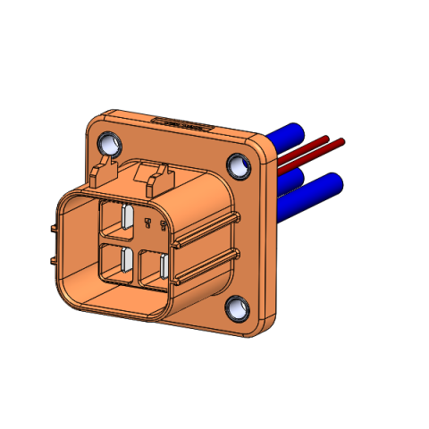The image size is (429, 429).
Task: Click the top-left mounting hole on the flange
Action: [x=110, y=143]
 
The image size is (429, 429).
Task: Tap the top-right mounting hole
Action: [x=239, y=164]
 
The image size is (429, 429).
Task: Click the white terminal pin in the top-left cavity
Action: [x=127, y=218]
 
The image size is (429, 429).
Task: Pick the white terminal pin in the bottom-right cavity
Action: [x=166, y=266]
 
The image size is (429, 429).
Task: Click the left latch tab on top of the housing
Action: [x=106, y=170]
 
